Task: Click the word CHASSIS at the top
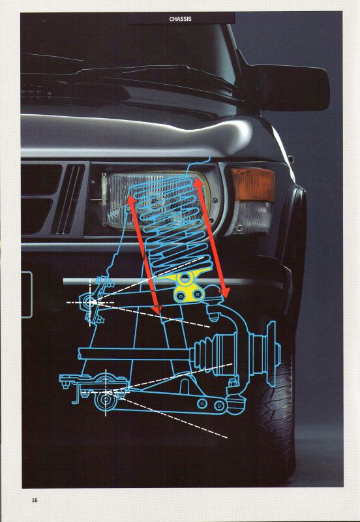tap(181, 19)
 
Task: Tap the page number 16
tap(35, 500)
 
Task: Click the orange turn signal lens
tap(253, 184)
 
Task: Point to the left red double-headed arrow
tap(143, 254)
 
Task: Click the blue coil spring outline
tap(175, 226)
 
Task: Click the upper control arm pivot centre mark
tap(90, 302)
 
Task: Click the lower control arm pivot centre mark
tap(106, 393)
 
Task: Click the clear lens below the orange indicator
tap(252, 217)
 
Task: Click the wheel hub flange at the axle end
tap(272, 354)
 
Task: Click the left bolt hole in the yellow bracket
tap(180, 296)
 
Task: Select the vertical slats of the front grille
tap(68, 199)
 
